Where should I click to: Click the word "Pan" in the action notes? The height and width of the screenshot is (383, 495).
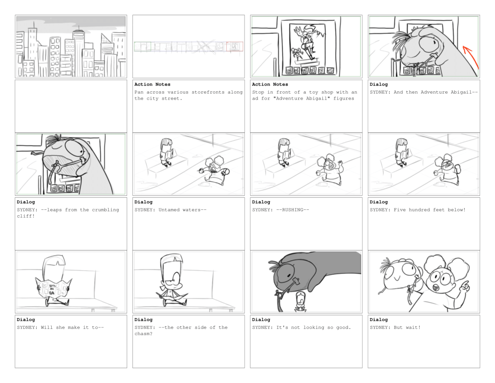pyautogui.click(x=139, y=92)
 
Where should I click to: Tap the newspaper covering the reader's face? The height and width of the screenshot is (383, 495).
pyautogui.click(x=53, y=287)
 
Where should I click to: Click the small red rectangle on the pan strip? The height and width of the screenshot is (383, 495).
pyautogui.click(x=234, y=46)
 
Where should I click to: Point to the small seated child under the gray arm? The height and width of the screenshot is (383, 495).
pyautogui.click(x=301, y=302)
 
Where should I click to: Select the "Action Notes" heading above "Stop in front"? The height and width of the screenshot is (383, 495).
pyautogui.click(x=270, y=84)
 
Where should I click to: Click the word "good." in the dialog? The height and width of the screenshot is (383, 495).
pyautogui.click(x=344, y=327)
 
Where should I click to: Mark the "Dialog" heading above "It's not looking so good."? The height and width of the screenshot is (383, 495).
pyautogui.click(x=261, y=320)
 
